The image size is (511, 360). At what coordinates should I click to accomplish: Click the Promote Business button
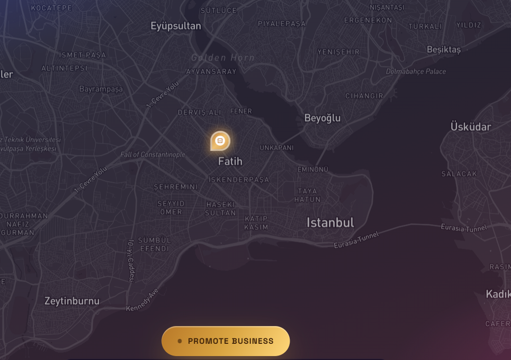pos(226,341)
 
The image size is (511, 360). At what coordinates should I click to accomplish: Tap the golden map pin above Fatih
pos(220,141)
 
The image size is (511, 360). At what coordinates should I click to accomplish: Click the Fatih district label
pos(230,161)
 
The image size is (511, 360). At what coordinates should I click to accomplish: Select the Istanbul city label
pos(330,222)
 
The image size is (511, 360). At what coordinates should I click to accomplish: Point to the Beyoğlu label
pos(322,118)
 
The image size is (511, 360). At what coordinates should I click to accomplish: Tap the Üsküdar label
pos(471,127)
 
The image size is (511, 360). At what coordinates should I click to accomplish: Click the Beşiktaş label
pos(444,50)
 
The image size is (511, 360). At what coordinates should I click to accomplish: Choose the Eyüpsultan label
pos(176,26)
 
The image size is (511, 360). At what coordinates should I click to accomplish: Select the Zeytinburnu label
pos(72,300)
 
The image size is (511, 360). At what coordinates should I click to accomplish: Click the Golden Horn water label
pos(223,58)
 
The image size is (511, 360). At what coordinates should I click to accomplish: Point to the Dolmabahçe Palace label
pos(416,71)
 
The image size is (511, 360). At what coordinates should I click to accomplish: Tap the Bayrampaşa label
pos(101,89)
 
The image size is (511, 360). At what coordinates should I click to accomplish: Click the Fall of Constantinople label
pos(153,154)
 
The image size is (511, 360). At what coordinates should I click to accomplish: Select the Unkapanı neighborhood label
pos(276,148)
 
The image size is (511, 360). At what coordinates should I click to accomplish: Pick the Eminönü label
pos(313,169)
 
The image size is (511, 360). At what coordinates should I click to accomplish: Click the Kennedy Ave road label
pos(143,300)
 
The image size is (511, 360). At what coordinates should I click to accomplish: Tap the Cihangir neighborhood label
pos(364,96)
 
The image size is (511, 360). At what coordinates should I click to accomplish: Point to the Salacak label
pos(459,174)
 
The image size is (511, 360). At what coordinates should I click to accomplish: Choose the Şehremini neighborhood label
pos(176,187)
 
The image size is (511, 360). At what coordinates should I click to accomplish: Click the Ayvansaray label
pos(211,71)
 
